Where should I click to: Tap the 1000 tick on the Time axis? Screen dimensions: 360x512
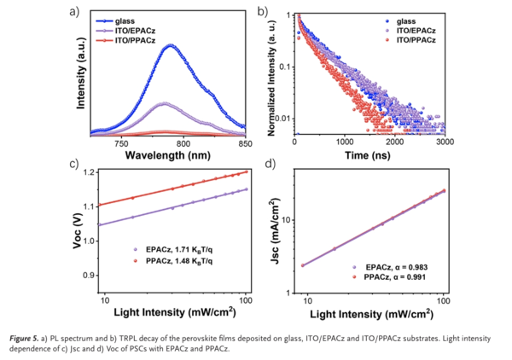(x=345, y=143)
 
